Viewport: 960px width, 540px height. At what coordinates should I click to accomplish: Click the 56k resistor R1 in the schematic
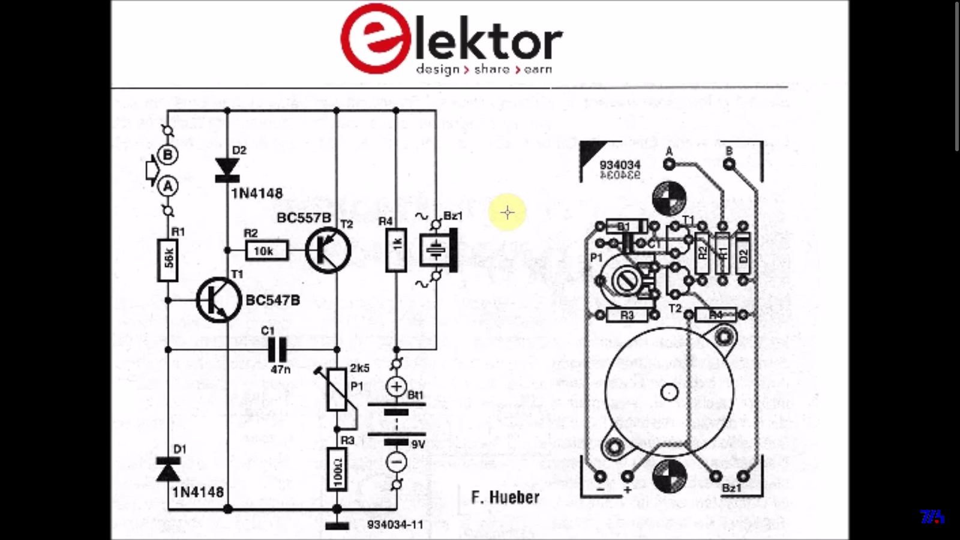(168, 260)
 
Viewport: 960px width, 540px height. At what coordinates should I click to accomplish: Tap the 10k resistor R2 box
(266, 251)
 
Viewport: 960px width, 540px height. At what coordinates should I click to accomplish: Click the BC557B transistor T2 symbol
(328, 251)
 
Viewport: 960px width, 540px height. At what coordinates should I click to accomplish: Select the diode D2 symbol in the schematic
(227, 170)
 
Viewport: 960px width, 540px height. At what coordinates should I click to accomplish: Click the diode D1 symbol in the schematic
(168, 470)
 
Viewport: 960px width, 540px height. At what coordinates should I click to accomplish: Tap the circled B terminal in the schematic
(168, 155)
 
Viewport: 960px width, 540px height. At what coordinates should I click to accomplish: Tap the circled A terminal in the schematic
(168, 187)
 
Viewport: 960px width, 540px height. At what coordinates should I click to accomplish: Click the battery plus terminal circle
(396, 387)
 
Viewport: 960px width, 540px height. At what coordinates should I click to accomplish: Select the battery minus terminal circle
(396, 462)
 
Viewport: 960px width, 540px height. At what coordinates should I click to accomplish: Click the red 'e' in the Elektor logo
(373, 39)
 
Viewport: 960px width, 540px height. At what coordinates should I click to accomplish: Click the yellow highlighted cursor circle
(508, 212)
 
